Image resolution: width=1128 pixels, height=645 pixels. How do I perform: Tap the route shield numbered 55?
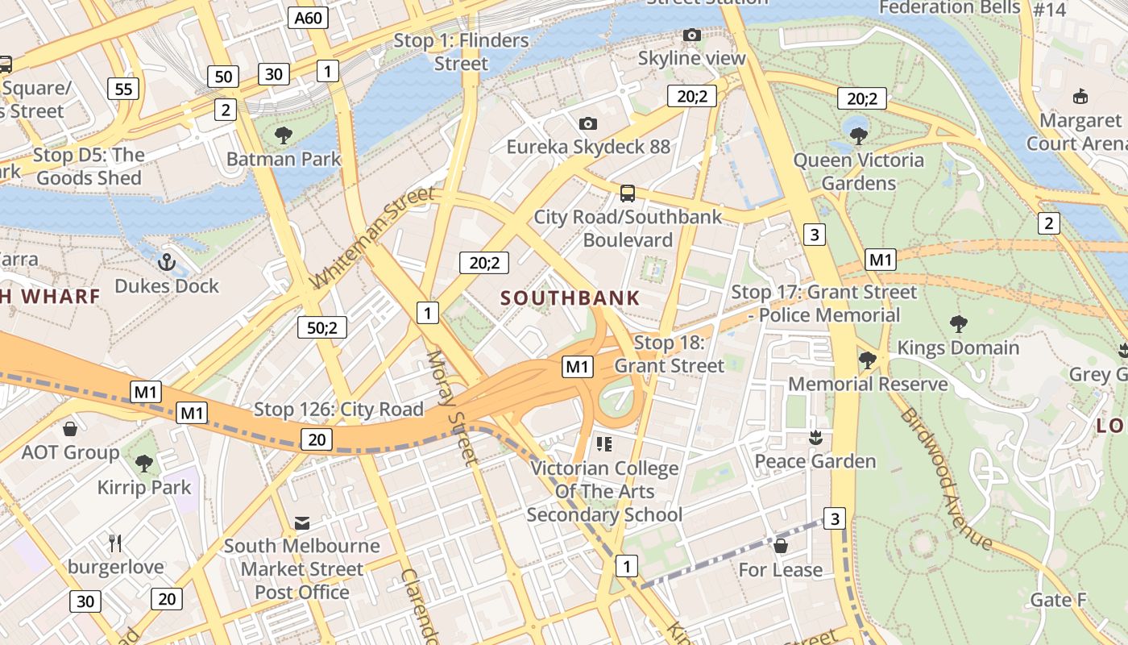tap(123, 89)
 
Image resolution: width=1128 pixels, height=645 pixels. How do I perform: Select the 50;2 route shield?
tap(322, 327)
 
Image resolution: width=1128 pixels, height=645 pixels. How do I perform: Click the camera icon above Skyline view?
tap(691, 35)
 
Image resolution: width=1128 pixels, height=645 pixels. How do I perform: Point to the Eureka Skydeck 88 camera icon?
tap(588, 123)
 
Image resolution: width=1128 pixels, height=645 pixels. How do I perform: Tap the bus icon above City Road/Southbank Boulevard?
tap(628, 193)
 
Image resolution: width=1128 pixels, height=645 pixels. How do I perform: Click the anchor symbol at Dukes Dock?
tap(166, 262)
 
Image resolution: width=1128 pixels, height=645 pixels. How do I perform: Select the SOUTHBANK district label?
tap(570, 298)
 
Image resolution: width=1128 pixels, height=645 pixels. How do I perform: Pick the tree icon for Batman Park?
tap(283, 135)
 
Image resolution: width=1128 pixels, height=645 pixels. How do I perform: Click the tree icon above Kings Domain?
tap(958, 324)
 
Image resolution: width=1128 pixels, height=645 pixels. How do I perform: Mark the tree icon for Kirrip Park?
tap(144, 463)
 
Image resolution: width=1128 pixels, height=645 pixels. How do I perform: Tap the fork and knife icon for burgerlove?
tap(115, 543)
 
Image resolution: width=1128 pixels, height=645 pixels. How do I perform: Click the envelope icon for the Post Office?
tap(302, 523)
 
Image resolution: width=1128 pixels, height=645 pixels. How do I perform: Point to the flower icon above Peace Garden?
tap(815, 438)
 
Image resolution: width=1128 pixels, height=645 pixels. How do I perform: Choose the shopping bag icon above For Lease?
tap(780, 546)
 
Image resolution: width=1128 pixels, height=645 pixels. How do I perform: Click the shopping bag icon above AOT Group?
tap(70, 428)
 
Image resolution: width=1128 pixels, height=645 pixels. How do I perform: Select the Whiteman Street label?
tap(372, 237)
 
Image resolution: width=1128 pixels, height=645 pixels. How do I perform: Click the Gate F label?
tap(1058, 600)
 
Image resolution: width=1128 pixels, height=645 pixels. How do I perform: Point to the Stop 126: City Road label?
tap(338, 410)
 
